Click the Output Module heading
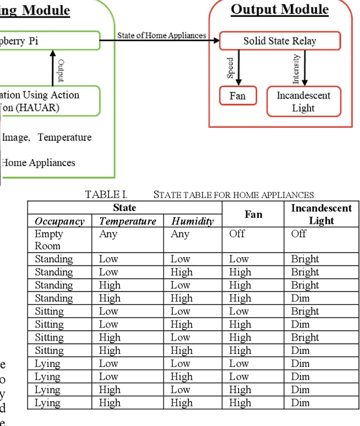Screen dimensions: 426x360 (280, 10)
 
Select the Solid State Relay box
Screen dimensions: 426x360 (280, 41)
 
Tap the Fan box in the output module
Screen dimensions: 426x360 (237, 96)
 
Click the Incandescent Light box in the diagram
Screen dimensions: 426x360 (303, 101)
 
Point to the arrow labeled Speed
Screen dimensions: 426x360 (238, 68)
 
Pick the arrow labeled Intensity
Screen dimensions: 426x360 (304, 68)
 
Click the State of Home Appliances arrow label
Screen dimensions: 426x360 (161, 35)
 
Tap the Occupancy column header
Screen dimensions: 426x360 (60, 221)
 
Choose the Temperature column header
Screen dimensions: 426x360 (128, 221)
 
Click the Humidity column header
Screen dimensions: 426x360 (192, 221)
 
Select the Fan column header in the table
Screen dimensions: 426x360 (253, 214)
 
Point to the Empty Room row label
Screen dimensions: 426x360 (49, 240)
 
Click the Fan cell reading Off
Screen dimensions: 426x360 (237, 234)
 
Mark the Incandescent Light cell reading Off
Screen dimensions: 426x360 (299, 234)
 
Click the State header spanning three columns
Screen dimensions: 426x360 (124, 208)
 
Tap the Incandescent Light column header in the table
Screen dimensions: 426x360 (321, 214)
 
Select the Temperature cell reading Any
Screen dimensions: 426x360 (108, 234)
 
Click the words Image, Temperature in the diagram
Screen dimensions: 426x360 (47, 137)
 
